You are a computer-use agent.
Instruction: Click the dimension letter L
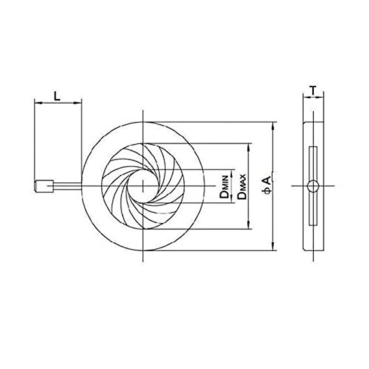[x=57, y=96]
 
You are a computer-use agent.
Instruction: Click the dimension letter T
[x=313, y=90]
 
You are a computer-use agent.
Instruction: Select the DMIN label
[x=224, y=186]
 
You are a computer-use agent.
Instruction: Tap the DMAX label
[x=241, y=187]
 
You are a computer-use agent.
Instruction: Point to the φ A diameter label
[x=268, y=185]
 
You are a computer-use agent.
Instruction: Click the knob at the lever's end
[x=44, y=186]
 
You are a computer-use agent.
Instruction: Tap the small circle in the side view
[x=313, y=186]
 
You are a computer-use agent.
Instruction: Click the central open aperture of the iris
[x=143, y=186]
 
